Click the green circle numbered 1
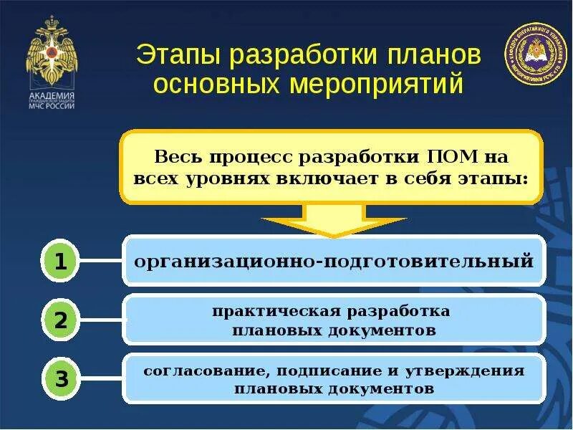click(x=62, y=262)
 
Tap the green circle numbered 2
click(x=62, y=320)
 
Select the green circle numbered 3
click(x=62, y=378)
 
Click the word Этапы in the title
click(x=176, y=55)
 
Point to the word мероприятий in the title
click(x=377, y=85)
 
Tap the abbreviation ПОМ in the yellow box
click(x=453, y=156)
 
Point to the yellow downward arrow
click(x=333, y=218)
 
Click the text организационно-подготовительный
click(x=334, y=260)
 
